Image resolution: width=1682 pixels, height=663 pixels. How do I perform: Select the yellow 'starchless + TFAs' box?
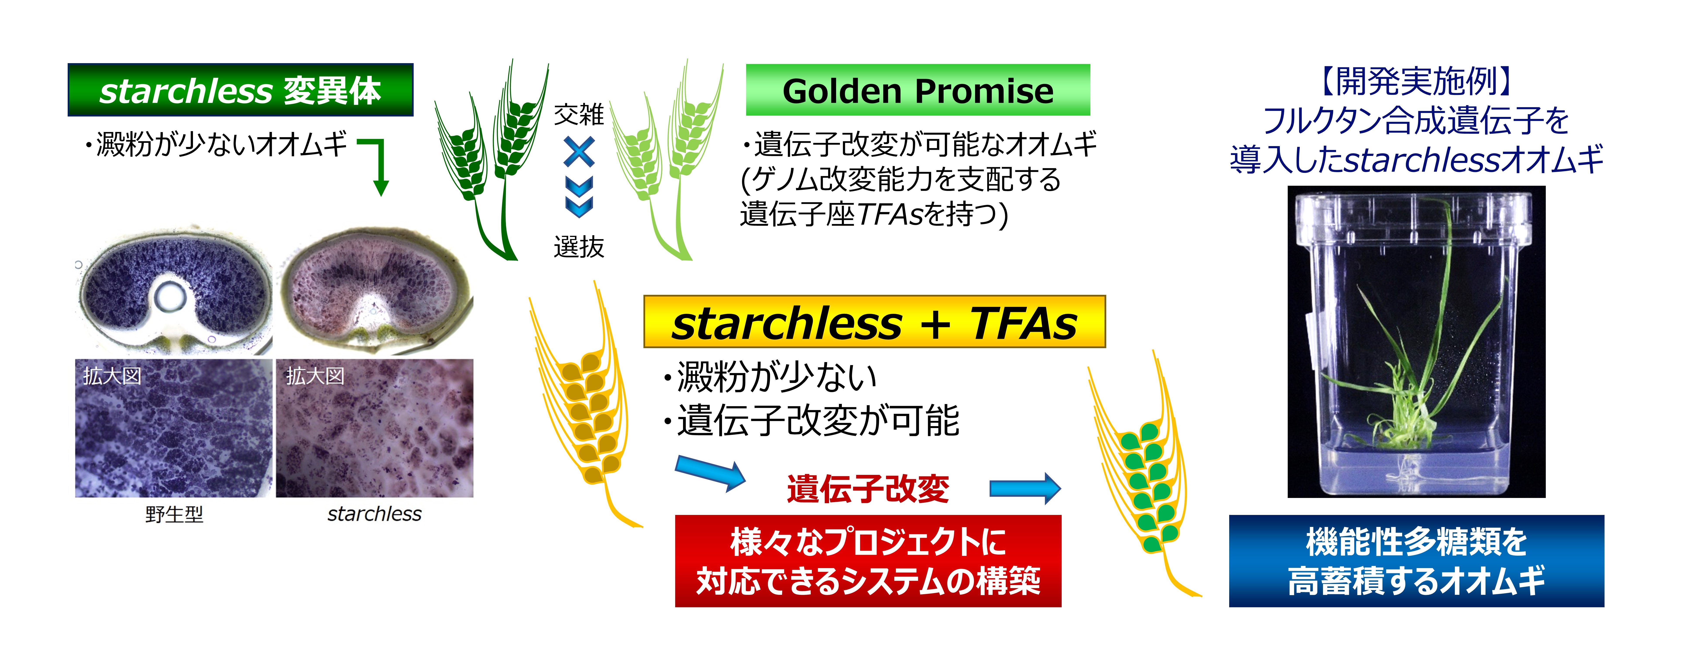coord(874,321)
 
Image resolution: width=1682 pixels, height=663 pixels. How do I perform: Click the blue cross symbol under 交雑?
coord(579,152)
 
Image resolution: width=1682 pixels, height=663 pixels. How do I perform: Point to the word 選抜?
coord(579,247)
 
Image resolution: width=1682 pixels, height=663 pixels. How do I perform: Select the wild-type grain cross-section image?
coord(173,291)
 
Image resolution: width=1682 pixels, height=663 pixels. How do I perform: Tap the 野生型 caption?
coord(174,515)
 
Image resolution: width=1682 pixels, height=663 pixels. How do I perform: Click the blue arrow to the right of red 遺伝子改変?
coord(1025,489)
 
